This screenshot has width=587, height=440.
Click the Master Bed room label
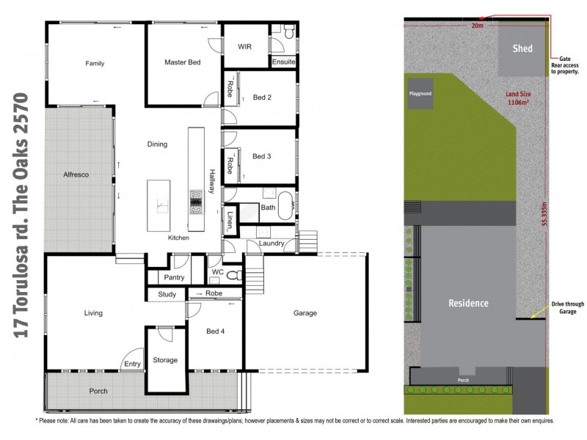pyautogui.click(x=182, y=63)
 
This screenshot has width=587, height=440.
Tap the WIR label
pyautogui.click(x=245, y=46)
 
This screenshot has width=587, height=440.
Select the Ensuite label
pyautogui.click(x=283, y=62)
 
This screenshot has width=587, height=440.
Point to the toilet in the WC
pyautogui.click(x=234, y=276)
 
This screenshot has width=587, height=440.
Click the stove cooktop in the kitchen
pyautogui.click(x=197, y=201)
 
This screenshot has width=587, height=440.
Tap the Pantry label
pyautogui.click(x=174, y=278)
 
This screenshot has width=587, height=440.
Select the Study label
pyautogui.click(x=167, y=295)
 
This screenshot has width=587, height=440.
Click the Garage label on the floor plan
pyautogui.click(x=305, y=313)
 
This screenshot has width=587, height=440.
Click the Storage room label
pyautogui.click(x=165, y=360)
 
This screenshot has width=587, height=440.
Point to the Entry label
pyautogui.click(x=133, y=364)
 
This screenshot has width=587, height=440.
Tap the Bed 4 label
pyautogui.click(x=216, y=331)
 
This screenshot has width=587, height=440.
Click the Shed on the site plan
pyautogui.click(x=522, y=49)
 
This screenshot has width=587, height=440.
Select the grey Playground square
pyautogui.click(x=420, y=95)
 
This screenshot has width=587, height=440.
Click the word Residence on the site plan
pyautogui.click(x=468, y=303)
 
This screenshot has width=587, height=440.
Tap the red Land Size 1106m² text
pyautogui.click(x=518, y=99)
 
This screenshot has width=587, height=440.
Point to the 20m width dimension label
pyautogui.click(x=478, y=25)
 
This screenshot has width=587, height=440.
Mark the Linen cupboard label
pyautogui.click(x=230, y=218)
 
